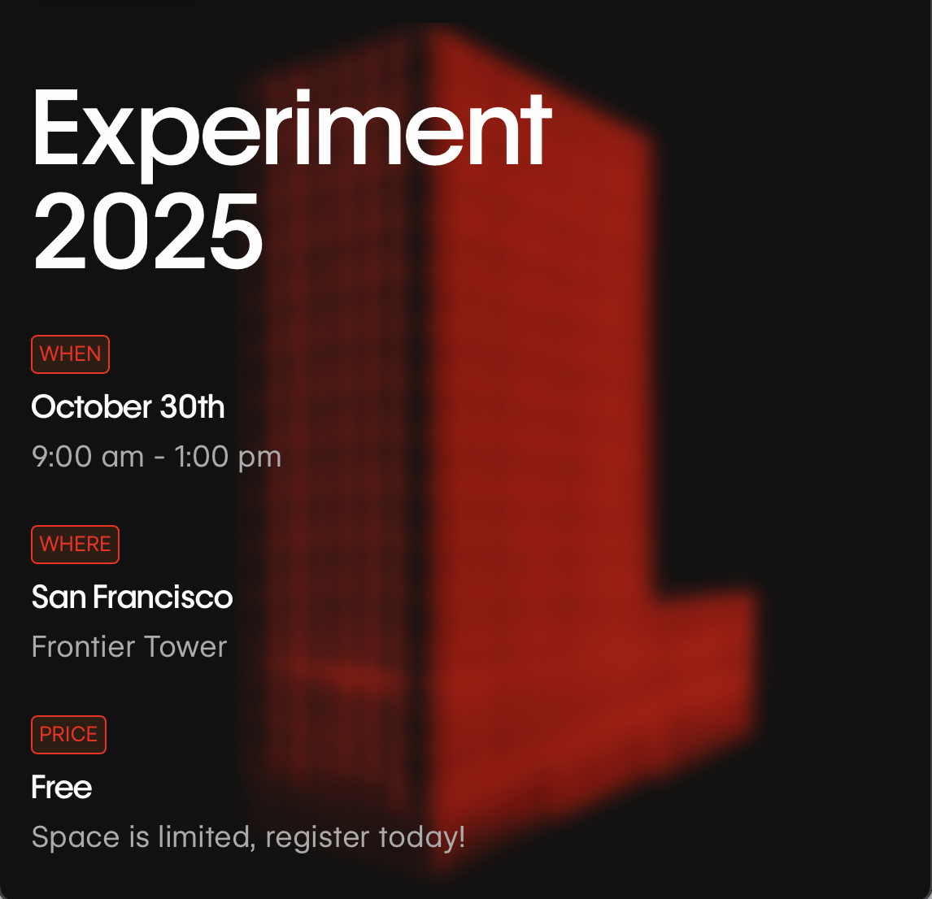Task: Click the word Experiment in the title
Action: click(x=292, y=132)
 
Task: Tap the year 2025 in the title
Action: click(x=147, y=231)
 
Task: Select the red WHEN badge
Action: click(x=70, y=354)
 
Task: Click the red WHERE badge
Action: click(x=75, y=545)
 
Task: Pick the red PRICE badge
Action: click(x=68, y=735)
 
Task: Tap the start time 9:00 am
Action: click(x=88, y=457)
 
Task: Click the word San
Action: click(x=59, y=597)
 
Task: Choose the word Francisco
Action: click(x=163, y=597)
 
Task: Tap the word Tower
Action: click(x=185, y=646)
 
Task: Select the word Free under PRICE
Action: click(x=62, y=788)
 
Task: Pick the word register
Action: click(x=318, y=838)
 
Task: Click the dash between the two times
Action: click(x=159, y=458)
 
